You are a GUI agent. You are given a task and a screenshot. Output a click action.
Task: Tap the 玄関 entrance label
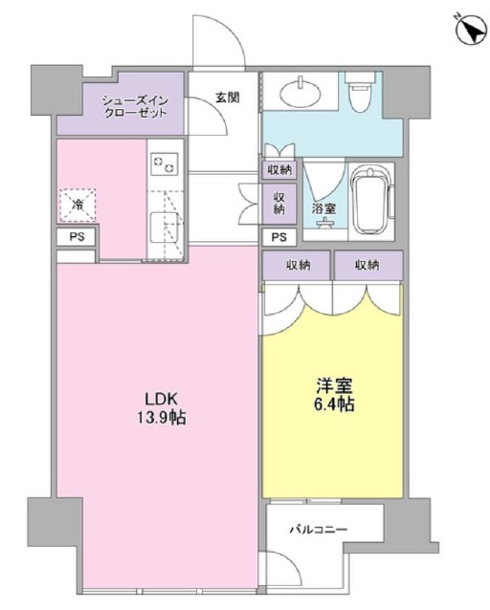(228, 98)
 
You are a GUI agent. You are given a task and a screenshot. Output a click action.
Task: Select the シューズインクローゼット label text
(135, 106)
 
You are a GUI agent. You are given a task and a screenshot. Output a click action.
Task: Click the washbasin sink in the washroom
(301, 91)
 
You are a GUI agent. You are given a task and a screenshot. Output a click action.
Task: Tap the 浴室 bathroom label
(323, 208)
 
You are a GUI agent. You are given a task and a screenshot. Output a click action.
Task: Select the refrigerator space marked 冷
(78, 205)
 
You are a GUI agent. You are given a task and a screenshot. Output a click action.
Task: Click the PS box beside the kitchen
(77, 237)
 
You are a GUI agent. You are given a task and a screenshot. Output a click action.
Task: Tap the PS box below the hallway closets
(278, 237)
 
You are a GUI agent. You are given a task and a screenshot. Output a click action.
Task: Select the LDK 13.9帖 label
(161, 408)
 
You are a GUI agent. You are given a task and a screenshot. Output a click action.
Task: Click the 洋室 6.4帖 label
(334, 395)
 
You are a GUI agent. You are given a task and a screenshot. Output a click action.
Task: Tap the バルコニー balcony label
(319, 530)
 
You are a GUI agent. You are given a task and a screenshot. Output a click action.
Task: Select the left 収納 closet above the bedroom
(296, 265)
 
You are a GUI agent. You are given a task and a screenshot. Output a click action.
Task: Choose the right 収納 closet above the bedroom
(368, 265)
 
